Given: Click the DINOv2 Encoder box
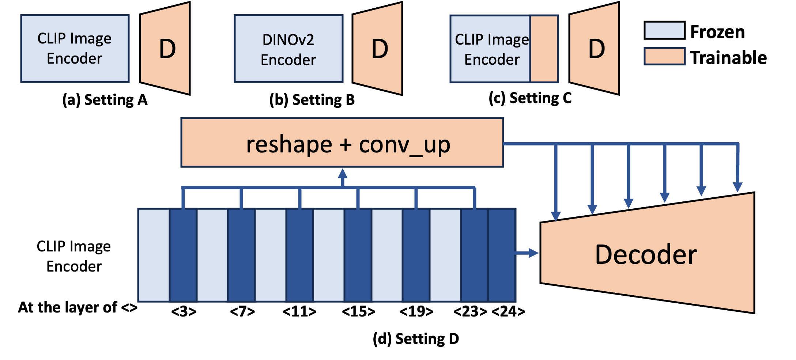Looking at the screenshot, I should tap(288, 49).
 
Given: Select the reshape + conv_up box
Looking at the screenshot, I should tap(342, 143).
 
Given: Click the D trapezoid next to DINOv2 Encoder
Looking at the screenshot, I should tap(378, 49).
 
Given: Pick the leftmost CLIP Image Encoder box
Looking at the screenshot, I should tap(75, 49).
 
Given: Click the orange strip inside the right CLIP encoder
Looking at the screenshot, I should tap(544, 49).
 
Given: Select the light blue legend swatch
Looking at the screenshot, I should tap(664, 30).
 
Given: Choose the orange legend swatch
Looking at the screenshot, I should tap(664, 57).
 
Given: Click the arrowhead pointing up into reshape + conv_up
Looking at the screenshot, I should tap(343, 174).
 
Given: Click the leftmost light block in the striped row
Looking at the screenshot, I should tap(154, 255).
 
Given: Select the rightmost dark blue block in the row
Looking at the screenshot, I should tap(502, 255).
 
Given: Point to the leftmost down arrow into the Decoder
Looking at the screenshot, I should tap(556, 216).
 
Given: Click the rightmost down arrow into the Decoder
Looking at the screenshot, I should tap(737, 186).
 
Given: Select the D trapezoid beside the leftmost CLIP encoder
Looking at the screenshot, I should tap(165, 49).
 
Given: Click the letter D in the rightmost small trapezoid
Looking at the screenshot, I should tap(596, 49).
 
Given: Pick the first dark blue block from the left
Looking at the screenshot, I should tap(183, 255).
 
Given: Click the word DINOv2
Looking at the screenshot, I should tap(288, 39).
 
